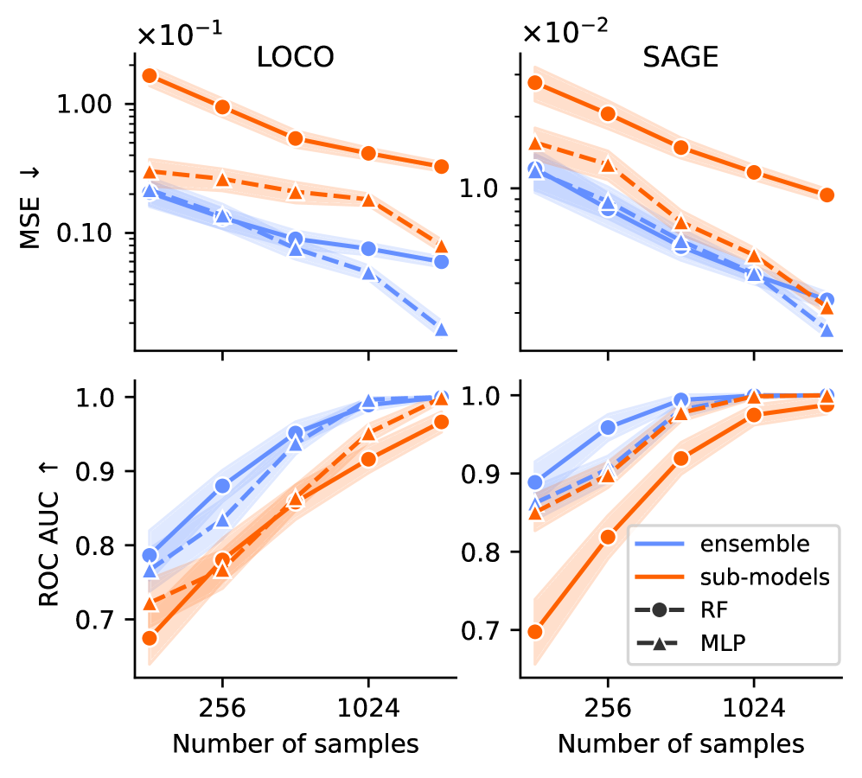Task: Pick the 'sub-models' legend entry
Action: [x=765, y=577]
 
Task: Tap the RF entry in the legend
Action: [x=713, y=610]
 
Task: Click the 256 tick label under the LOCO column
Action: [x=222, y=709]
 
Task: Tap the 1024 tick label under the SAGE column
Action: [x=753, y=709]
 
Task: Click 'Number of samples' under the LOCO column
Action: [x=296, y=743]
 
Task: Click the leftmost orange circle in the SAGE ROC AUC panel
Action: [x=535, y=631]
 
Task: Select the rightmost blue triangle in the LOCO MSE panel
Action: [x=441, y=329]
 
